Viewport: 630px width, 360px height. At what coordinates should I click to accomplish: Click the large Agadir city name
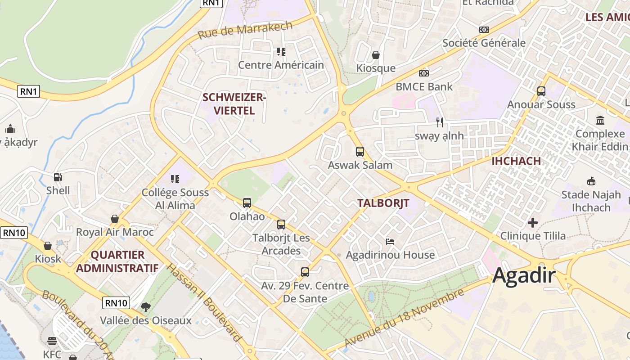coord(524,275)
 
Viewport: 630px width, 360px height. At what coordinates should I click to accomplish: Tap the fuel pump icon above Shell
coord(58,177)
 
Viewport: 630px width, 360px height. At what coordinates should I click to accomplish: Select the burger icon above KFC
coord(52,341)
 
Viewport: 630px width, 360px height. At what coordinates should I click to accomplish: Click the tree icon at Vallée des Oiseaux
coord(145,307)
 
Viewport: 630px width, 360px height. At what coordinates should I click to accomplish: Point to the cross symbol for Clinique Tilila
coord(533,223)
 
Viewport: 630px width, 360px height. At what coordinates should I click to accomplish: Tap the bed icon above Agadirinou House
coord(390,242)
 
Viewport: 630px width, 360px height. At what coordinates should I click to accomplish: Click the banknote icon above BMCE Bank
coord(423,73)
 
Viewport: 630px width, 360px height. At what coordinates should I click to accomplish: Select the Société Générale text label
coord(484,43)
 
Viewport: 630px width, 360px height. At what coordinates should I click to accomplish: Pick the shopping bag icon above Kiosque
coord(376,55)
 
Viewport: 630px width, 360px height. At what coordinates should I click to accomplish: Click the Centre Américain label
coord(281,65)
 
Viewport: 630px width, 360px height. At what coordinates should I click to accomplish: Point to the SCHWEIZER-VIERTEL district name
coord(234,104)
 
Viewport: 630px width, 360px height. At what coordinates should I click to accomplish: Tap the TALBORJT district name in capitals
coord(383,203)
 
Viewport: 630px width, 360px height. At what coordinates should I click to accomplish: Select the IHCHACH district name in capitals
coord(516,161)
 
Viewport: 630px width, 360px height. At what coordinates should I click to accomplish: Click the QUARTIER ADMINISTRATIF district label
coord(117,261)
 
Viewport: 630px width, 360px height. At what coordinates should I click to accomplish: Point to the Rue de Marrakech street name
coord(245,30)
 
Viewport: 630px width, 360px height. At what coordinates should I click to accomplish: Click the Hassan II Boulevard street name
coord(204,303)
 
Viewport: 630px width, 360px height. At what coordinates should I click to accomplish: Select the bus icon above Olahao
coord(247,203)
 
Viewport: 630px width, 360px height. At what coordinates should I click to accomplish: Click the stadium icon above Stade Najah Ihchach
coord(591,181)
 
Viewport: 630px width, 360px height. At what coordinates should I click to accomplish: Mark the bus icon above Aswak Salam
coord(360,152)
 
